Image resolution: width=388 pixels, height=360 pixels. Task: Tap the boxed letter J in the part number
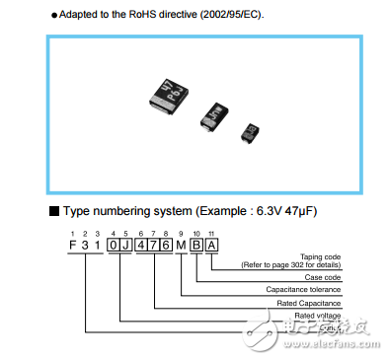point(123,244)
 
